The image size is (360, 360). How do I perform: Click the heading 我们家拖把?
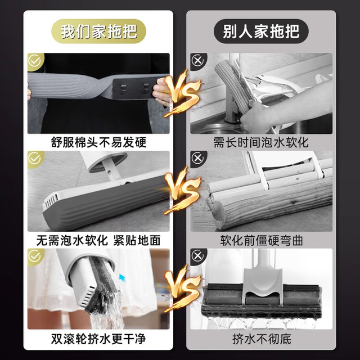pyautogui.click(x=99, y=30)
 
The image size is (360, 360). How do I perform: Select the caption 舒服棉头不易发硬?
pyautogui.click(x=98, y=142)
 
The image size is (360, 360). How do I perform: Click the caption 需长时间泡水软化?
pyautogui.click(x=261, y=142)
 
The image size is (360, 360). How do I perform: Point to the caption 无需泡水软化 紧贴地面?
pyautogui.click(x=98, y=240)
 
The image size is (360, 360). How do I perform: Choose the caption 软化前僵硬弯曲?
pyautogui.click(x=261, y=240)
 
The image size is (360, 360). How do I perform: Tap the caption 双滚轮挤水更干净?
pyautogui.click(x=98, y=339)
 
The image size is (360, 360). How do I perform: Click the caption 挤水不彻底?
pyautogui.click(x=261, y=339)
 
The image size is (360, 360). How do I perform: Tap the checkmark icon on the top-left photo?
pyautogui.click(x=35, y=61)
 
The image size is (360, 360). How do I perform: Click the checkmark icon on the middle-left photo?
pyautogui.click(x=35, y=159)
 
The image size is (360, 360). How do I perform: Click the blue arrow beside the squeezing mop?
pyautogui.click(x=122, y=277)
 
